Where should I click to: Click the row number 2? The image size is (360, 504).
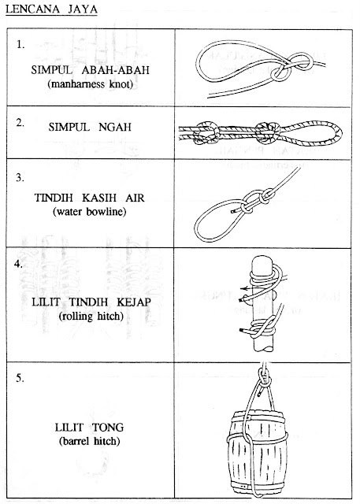[x=22, y=122]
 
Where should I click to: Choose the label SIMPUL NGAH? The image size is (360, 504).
[x=91, y=127]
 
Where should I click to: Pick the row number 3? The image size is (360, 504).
[x=22, y=179]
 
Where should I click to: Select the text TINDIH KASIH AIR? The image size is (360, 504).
[x=91, y=198]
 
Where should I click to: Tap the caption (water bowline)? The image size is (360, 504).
[x=91, y=213]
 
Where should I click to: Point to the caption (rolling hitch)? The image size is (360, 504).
[x=91, y=316]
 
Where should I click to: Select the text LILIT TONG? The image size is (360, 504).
[x=90, y=427]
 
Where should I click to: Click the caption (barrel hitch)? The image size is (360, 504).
[x=91, y=441]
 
